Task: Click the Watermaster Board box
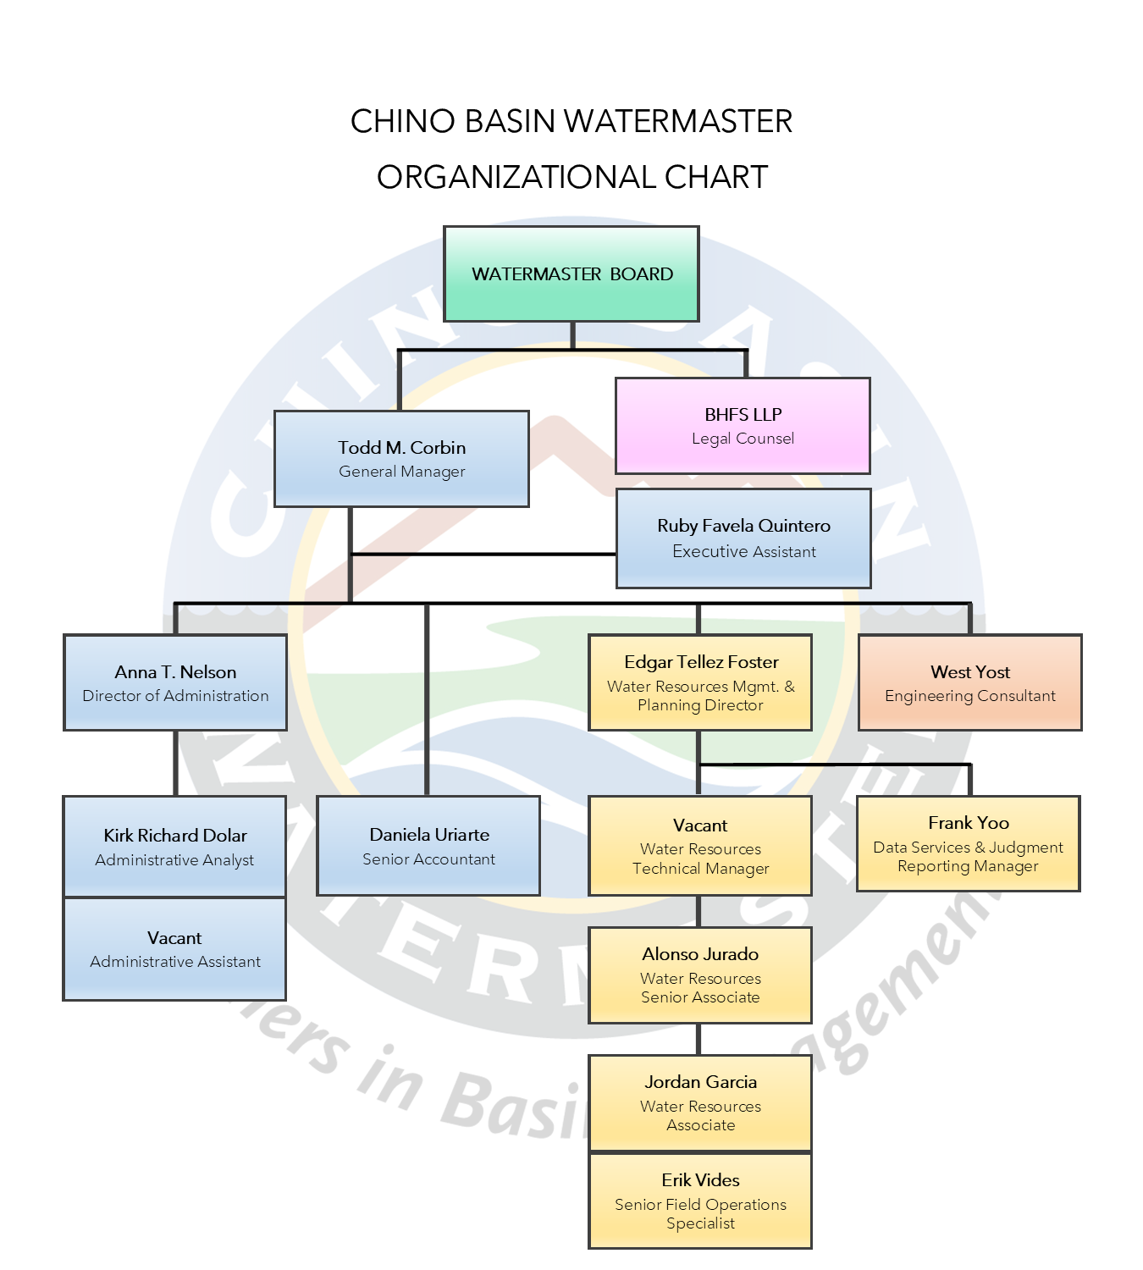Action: (571, 273)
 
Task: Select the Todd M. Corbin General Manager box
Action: (401, 459)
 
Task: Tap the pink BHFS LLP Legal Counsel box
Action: (743, 425)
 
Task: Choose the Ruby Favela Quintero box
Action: (743, 538)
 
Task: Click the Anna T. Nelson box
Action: (175, 682)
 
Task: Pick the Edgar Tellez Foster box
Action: (700, 682)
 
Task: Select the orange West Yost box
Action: (970, 682)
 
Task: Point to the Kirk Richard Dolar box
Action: (175, 846)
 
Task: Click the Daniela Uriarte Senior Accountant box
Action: (428, 845)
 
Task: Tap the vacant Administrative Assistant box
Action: (175, 949)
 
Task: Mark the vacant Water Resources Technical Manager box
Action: (700, 845)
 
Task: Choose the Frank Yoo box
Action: (969, 843)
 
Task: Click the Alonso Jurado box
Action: (700, 975)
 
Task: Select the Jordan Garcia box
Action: (700, 1102)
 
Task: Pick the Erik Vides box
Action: (700, 1201)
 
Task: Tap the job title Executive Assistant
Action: (744, 552)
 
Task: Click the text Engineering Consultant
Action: (970, 696)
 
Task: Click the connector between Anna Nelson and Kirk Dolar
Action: (175, 763)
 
